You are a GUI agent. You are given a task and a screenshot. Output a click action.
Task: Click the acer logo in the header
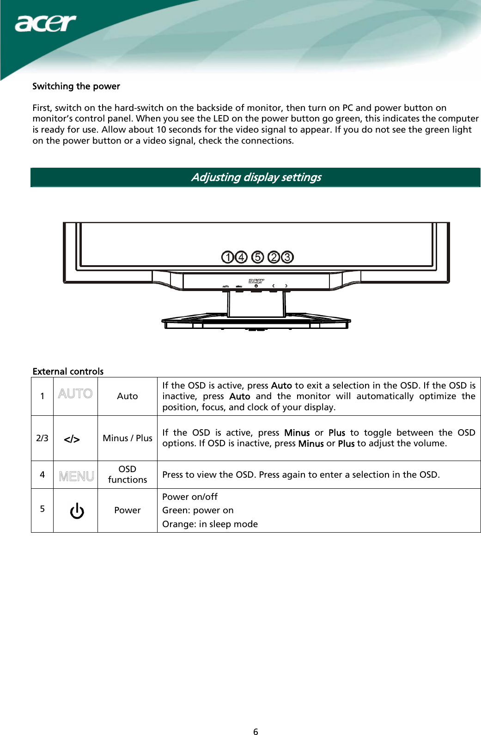pyautogui.click(x=45, y=23)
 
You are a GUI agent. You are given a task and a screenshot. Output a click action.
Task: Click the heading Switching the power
pyautogui.click(x=76, y=86)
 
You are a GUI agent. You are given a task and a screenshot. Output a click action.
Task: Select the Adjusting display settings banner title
pyautogui.click(x=256, y=177)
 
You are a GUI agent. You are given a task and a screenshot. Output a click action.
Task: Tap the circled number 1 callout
pyautogui.click(x=227, y=257)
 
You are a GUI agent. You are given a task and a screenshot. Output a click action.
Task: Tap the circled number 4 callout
pyautogui.click(x=241, y=257)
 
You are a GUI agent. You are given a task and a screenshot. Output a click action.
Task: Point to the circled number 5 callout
pyautogui.click(x=258, y=257)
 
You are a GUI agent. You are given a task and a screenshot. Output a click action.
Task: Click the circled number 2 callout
pyautogui.click(x=274, y=257)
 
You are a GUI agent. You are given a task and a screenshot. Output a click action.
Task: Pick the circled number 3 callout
pyautogui.click(x=287, y=257)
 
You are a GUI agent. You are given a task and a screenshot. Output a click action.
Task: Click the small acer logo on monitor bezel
pyautogui.click(x=256, y=281)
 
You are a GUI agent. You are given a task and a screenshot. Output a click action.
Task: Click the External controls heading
pyautogui.click(x=68, y=371)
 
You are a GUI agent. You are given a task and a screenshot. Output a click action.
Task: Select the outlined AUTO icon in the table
pyautogui.click(x=75, y=394)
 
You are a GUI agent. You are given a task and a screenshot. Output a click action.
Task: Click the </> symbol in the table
pyautogui.click(x=72, y=439)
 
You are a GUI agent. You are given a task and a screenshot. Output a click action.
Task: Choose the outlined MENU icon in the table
pyautogui.click(x=76, y=476)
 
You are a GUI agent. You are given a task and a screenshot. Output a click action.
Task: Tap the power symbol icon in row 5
pyautogui.click(x=77, y=511)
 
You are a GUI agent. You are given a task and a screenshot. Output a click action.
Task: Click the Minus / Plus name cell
pyautogui.click(x=128, y=438)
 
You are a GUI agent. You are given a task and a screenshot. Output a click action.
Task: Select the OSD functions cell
pyautogui.click(x=128, y=474)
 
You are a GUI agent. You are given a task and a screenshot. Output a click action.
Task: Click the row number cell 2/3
pyautogui.click(x=42, y=438)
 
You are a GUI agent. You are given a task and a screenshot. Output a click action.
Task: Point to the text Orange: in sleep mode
pyautogui.click(x=210, y=524)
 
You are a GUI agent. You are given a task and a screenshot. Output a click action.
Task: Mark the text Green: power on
pyautogui.click(x=198, y=510)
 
